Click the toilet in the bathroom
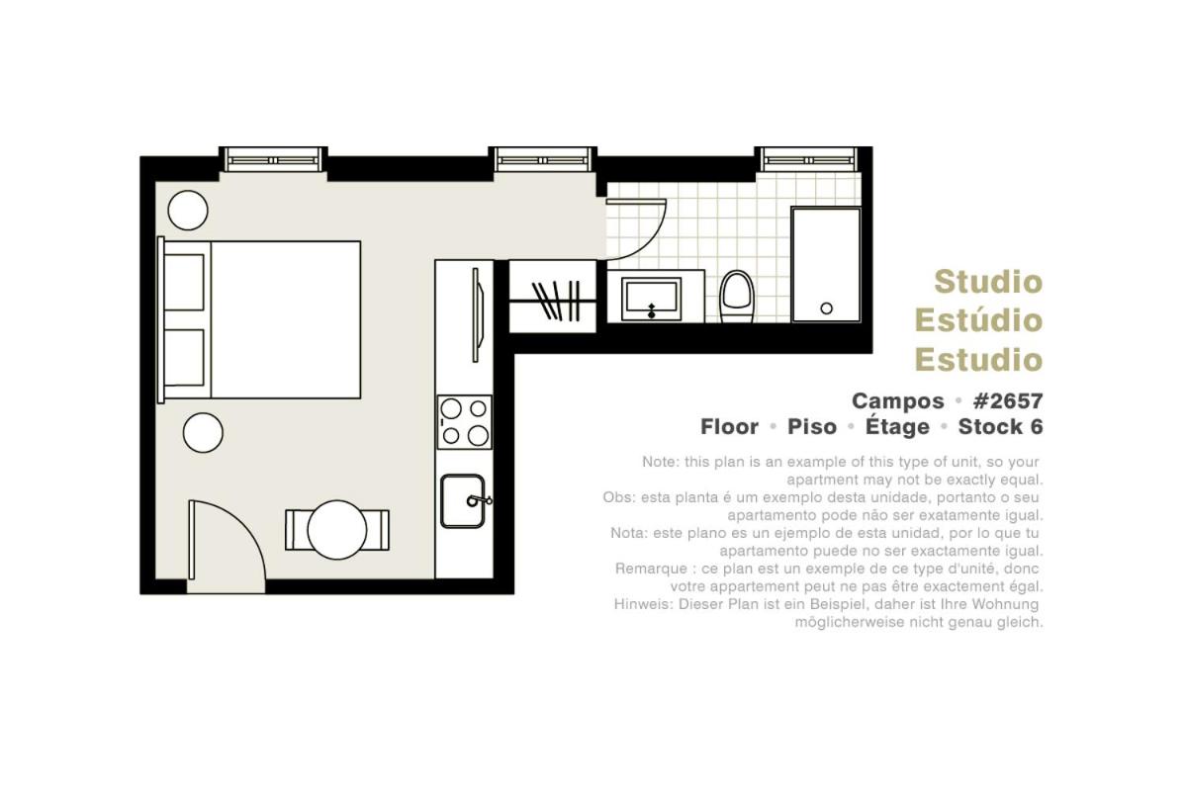click(737, 297)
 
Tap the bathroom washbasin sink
click(651, 299)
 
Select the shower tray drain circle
click(826, 308)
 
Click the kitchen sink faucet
click(479, 500)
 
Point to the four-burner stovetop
click(464, 422)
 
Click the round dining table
click(337, 530)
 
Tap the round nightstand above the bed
click(188, 211)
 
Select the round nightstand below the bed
click(203, 433)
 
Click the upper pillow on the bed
click(184, 283)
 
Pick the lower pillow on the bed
click(184, 358)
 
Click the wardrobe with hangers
click(553, 297)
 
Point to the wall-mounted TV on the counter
click(478, 315)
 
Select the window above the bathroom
click(808, 159)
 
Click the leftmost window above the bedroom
click(273, 159)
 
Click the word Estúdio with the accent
click(978, 320)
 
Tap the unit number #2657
click(1008, 401)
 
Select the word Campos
click(898, 401)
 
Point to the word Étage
click(897, 426)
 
